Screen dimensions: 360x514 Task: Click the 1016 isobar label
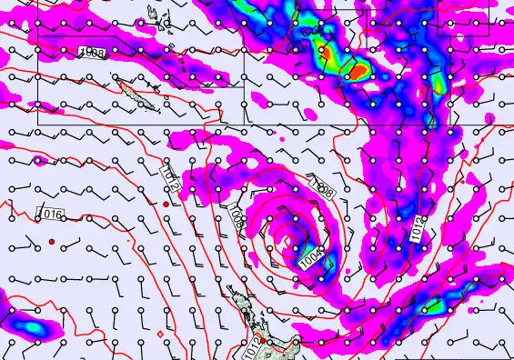coord(51,215)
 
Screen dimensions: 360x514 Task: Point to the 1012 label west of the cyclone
coord(169,178)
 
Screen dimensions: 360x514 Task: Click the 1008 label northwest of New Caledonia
coord(92,54)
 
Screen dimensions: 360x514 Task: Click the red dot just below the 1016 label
coord(52,241)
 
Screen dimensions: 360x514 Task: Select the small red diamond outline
coord(159,334)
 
